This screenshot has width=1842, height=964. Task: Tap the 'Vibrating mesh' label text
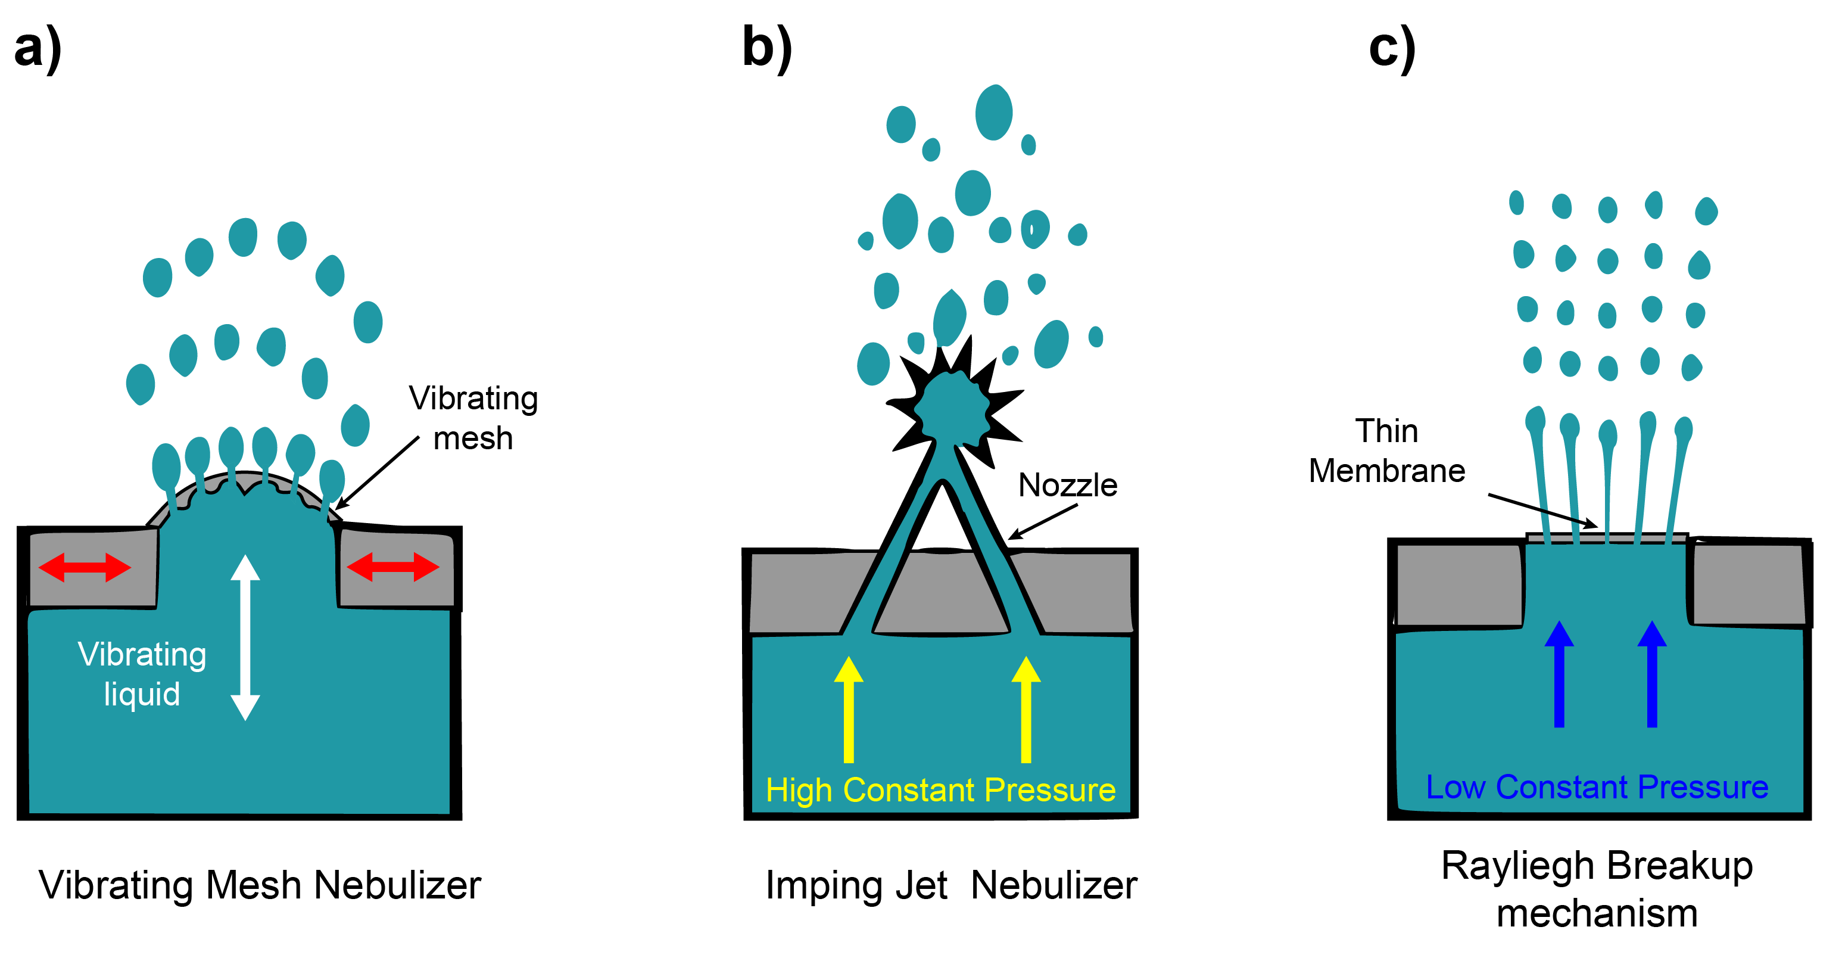(473, 418)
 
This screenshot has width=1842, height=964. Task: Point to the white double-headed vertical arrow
(245, 637)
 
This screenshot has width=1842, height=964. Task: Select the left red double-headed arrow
(85, 567)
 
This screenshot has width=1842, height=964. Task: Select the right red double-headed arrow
(392, 567)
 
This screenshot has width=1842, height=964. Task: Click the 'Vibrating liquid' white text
(142, 674)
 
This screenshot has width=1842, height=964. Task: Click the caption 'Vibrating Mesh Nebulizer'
(260, 885)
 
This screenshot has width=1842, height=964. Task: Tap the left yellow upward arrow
(849, 710)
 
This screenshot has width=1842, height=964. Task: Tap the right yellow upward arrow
(1026, 710)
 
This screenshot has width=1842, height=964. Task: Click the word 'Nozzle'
(1068, 485)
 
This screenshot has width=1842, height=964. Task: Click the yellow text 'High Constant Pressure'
(940, 790)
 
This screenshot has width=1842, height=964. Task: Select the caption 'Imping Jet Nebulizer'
(951, 885)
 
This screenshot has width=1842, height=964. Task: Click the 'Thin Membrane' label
(1386, 450)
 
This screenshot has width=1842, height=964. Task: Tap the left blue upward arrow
(1560, 674)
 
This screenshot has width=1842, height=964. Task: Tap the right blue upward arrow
(1653, 674)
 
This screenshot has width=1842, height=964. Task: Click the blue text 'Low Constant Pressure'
(1597, 786)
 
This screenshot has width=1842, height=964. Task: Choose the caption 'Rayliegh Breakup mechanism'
(1597, 889)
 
